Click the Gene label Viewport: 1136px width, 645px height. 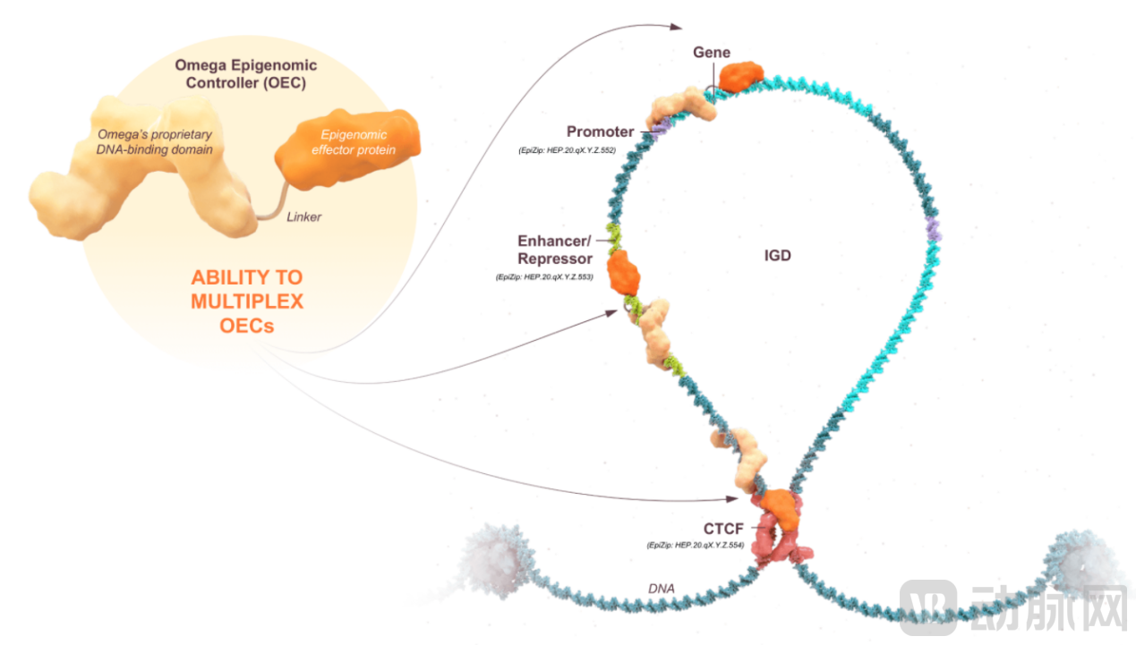click(x=712, y=53)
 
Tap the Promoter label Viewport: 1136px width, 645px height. click(x=600, y=132)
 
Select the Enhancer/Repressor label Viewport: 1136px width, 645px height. click(x=555, y=250)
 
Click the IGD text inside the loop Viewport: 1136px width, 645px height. click(x=777, y=256)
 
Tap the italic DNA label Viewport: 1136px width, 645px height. click(x=662, y=589)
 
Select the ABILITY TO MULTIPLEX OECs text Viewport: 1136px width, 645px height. click(x=246, y=301)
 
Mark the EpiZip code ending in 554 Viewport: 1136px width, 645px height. click(x=695, y=545)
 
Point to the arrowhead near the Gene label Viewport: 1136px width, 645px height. click(x=676, y=27)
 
